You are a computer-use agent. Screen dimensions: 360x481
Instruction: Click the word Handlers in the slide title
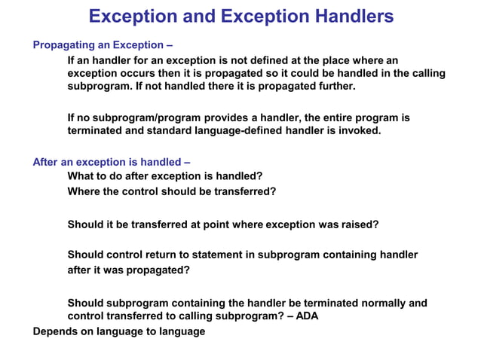(x=345, y=16)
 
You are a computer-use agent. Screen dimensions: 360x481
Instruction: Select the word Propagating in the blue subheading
(x=63, y=44)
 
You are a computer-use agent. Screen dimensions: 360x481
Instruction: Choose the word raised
(x=360, y=224)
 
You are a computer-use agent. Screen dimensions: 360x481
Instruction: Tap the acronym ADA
(x=307, y=316)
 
